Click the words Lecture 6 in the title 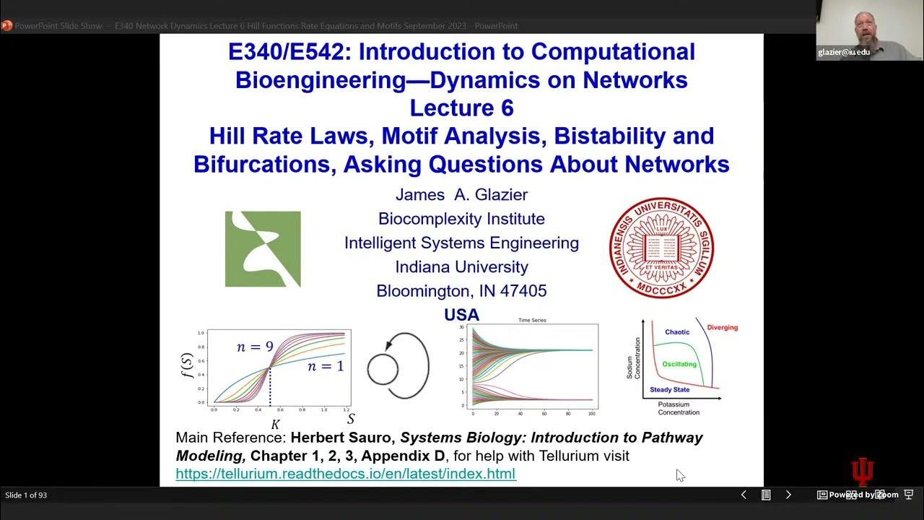tap(461, 108)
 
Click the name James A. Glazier tap(461, 194)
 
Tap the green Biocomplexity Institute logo tap(263, 249)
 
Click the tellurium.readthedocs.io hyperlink tap(346, 474)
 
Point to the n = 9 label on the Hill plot tap(255, 347)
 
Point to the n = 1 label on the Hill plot tap(326, 365)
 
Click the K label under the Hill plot tap(275, 425)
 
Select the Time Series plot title tap(531, 320)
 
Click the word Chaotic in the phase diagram tap(677, 332)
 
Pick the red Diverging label tap(722, 327)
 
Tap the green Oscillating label tap(679, 364)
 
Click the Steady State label tap(669, 390)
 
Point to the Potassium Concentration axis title tap(679, 408)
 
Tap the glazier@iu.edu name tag tap(843, 52)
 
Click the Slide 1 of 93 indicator tap(26, 495)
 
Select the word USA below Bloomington tap(461, 315)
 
